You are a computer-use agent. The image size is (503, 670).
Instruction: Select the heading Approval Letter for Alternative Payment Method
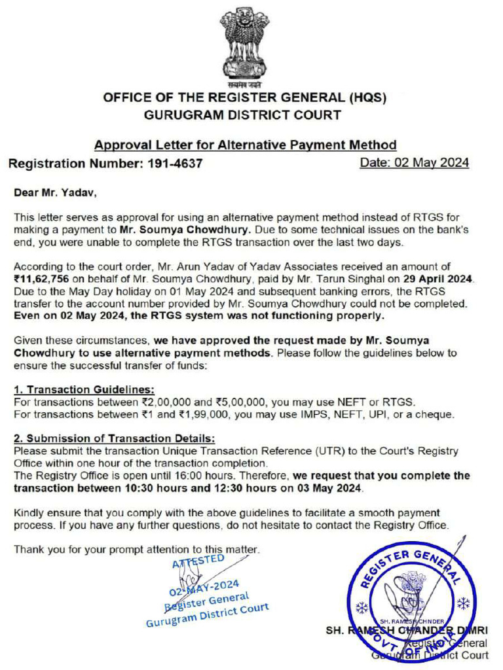point(245,145)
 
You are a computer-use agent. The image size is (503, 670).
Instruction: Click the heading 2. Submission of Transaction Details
point(114,438)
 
